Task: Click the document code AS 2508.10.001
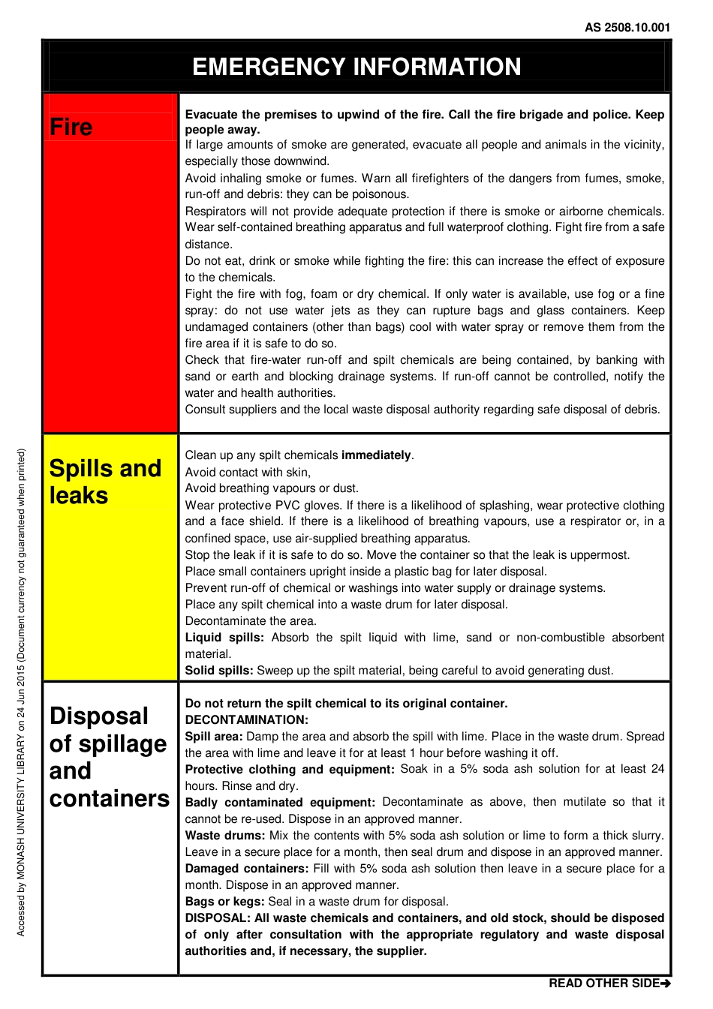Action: [627, 28]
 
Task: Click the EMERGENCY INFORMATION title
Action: [356, 67]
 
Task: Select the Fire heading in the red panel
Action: [71, 127]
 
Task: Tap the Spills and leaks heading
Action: [105, 482]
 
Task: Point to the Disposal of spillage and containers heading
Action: [109, 757]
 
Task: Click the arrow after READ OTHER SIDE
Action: [666, 983]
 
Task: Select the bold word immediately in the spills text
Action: [376, 455]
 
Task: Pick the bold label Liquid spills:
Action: [224, 638]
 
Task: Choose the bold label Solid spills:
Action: [219, 671]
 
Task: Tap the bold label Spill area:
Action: [214, 737]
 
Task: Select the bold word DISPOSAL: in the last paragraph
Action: [218, 918]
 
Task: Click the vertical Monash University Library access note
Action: [22, 692]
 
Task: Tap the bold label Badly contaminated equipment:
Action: [280, 803]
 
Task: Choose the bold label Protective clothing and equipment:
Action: [290, 770]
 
